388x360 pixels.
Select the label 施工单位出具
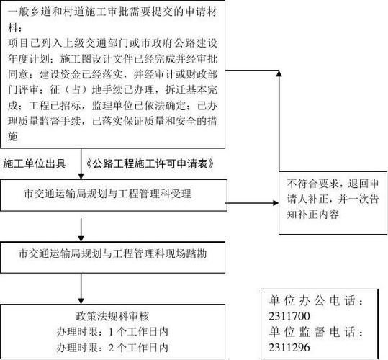click(40, 163)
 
